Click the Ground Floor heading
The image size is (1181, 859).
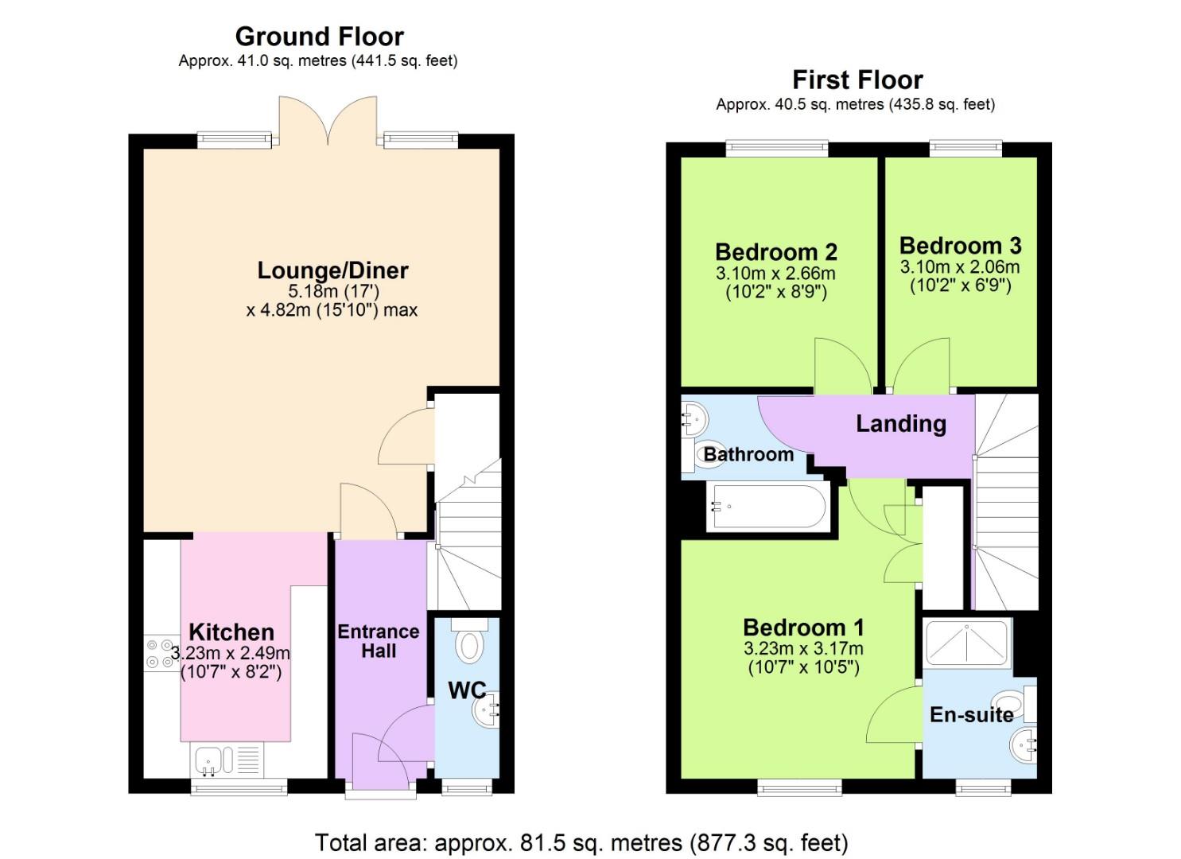(x=319, y=37)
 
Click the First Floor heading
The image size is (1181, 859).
(x=857, y=80)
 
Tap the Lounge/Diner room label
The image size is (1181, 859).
(x=332, y=270)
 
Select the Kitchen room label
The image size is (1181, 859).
(x=231, y=632)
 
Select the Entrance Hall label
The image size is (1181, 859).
(x=379, y=641)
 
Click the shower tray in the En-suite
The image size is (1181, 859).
(x=967, y=643)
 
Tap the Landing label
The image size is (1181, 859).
(x=901, y=424)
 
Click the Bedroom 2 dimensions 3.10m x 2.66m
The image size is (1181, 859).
(x=775, y=274)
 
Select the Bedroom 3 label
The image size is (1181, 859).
(x=960, y=246)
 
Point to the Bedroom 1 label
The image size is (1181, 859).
(x=803, y=628)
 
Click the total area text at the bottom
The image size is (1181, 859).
(x=581, y=842)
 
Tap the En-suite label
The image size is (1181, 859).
(x=971, y=715)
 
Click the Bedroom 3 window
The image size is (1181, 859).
(x=965, y=146)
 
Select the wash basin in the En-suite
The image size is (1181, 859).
(x=1024, y=747)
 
